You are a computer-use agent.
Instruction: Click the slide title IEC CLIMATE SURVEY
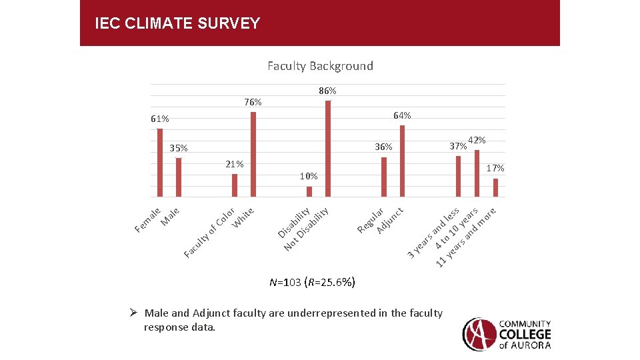[177, 24]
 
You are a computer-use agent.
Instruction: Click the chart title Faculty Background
[320, 65]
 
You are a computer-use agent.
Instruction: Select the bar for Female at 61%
[160, 163]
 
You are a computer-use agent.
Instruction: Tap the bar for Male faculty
[179, 177]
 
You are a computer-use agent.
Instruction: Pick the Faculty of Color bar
[235, 185]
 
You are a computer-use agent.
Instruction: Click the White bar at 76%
[253, 154]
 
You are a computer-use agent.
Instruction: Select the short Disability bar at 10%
[309, 191]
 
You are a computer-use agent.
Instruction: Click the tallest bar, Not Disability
[328, 148]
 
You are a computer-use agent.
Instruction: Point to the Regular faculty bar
[384, 177]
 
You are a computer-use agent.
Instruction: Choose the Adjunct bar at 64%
[402, 161]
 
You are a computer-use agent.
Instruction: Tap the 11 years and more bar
[495, 187]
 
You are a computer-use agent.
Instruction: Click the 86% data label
[327, 91]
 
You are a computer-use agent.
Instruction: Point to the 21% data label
[235, 164]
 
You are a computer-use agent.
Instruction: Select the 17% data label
[495, 168]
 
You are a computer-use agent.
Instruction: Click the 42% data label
[477, 140]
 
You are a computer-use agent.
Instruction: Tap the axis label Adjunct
[390, 221]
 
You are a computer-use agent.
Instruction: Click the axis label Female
[147, 221]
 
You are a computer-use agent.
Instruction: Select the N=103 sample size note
[312, 282]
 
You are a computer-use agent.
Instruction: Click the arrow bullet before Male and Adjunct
[133, 313]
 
